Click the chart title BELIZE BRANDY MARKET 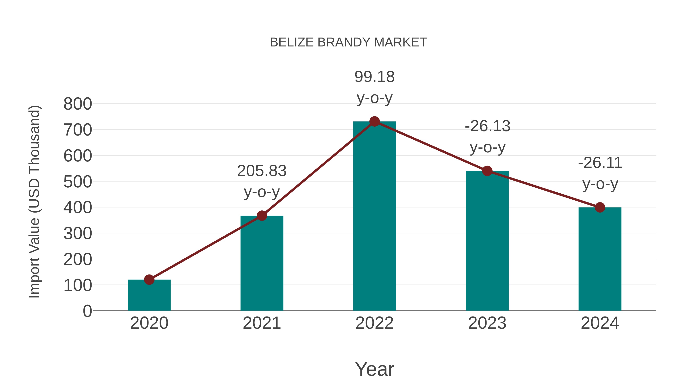click(348, 42)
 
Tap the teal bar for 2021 click(262, 264)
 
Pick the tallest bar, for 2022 click(374, 216)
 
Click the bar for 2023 click(487, 241)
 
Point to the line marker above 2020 click(149, 280)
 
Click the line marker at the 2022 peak click(374, 121)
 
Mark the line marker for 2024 click(600, 208)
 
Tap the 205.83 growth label click(262, 171)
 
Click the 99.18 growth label click(374, 77)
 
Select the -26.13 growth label click(487, 126)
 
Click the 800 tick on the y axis click(78, 104)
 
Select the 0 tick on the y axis click(87, 311)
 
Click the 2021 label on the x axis click(262, 323)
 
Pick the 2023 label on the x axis click(487, 323)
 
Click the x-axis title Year click(374, 369)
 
